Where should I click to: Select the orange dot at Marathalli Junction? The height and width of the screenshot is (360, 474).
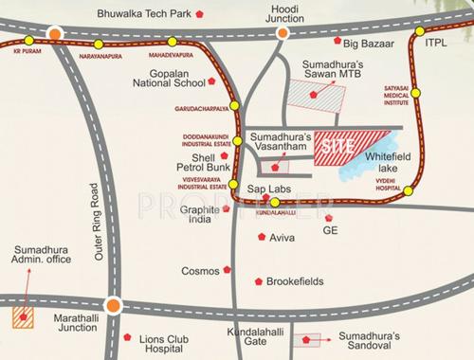[113, 305]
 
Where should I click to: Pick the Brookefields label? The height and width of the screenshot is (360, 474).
[302, 281]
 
